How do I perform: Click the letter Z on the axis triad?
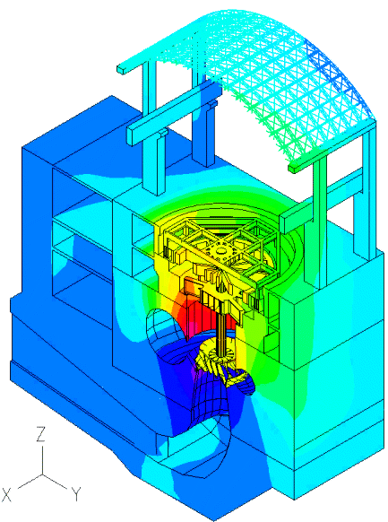pyautogui.click(x=41, y=434)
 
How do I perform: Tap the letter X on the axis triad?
pyautogui.click(x=6, y=494)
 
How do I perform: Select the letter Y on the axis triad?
pyautogui.click(x=76, y=494)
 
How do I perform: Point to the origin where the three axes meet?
pyautogui.click(x=42, y=474)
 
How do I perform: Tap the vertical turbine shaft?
pyautogui.click(x=220, y=329)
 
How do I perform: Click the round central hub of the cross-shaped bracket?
pyautogui.click(x=220, y=249)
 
